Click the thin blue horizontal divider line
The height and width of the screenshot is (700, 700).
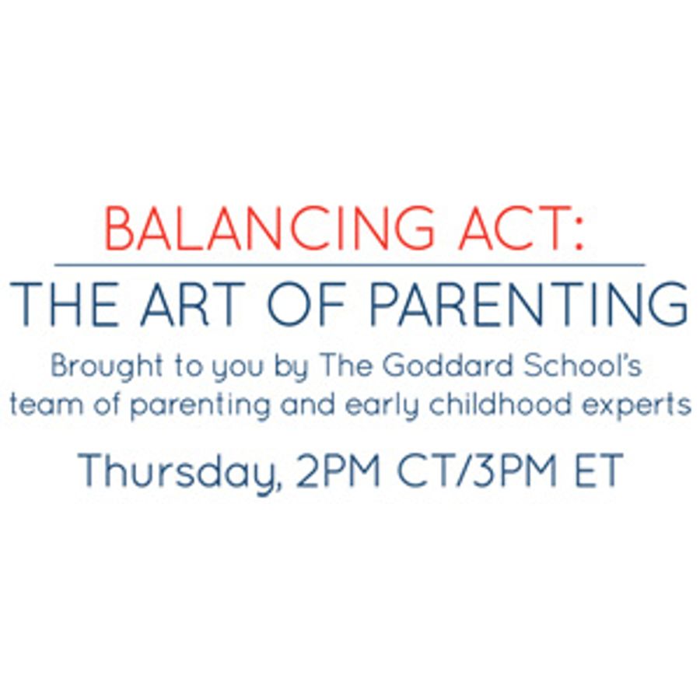click(349, 265)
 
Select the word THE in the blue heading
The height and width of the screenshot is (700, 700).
click(65, 303)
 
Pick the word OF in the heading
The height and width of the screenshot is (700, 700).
click(306, 303)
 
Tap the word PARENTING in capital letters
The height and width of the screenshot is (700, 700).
click(529, 303)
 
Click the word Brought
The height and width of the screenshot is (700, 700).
click(107, 367)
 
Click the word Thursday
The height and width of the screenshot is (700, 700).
click(180, 471)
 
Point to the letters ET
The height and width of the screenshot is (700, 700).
click(599, 470)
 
